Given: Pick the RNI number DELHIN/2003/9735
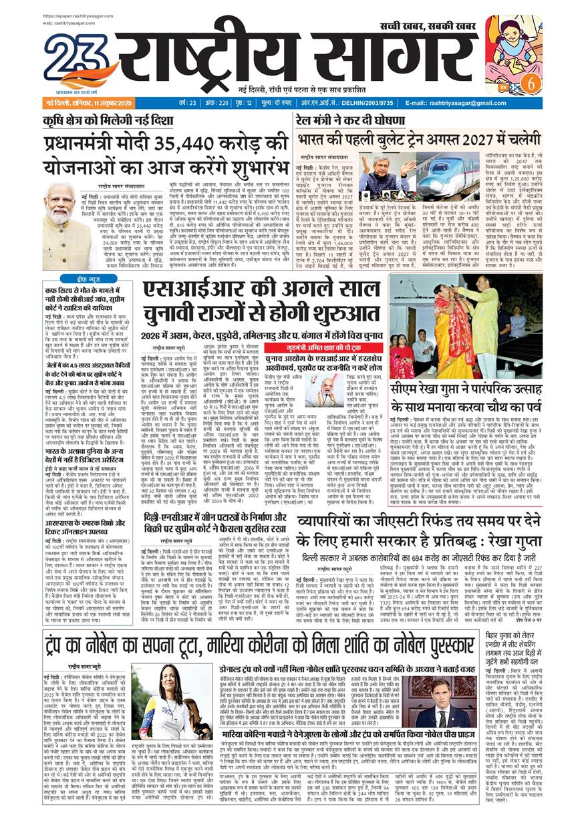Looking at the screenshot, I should [x=363, y=103].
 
